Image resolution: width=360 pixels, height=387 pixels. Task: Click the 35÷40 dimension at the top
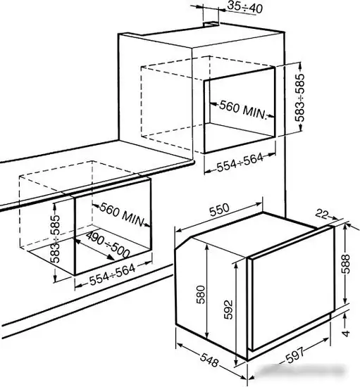(244, 8)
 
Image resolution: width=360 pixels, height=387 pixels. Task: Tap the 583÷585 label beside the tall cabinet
(299, 98)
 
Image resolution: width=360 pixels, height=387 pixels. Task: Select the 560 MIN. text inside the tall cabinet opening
(243, 110)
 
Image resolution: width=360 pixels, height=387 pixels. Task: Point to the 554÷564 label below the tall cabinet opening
(240, 162)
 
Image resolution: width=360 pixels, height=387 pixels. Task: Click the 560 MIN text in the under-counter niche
(122, 214)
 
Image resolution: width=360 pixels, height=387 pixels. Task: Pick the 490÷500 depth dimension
(108, 245)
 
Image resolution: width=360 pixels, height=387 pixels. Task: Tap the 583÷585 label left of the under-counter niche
(55, 239)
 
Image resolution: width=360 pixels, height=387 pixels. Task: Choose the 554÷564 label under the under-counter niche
(113, 274)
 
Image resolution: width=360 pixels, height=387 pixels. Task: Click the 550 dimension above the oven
(219, 210)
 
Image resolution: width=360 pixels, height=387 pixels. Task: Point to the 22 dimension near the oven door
(321, 214)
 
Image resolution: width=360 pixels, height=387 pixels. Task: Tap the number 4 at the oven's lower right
(346, 334)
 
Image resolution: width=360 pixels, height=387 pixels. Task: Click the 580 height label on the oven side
(201, 294)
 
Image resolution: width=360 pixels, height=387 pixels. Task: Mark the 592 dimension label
(228, 310)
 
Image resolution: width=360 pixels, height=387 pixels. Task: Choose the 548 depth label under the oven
(209, 360)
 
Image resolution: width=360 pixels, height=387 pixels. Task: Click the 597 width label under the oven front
(294, 355)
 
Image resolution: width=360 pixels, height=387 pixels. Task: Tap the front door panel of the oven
(292, 288)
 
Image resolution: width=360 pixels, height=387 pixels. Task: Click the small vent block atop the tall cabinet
(211, 24)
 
